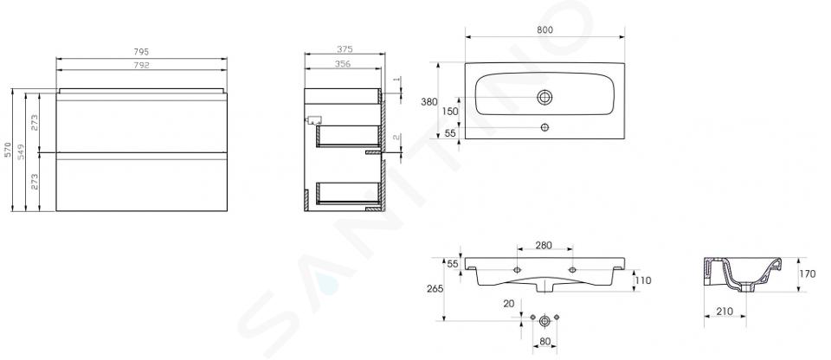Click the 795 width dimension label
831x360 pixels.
141,52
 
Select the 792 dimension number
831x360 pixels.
141,65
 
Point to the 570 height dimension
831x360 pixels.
8,150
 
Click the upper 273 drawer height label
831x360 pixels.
34,123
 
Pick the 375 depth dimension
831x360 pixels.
345,49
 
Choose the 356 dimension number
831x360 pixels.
343,64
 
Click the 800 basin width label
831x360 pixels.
544,29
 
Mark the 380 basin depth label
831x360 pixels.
428,102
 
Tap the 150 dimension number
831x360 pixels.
450,112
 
